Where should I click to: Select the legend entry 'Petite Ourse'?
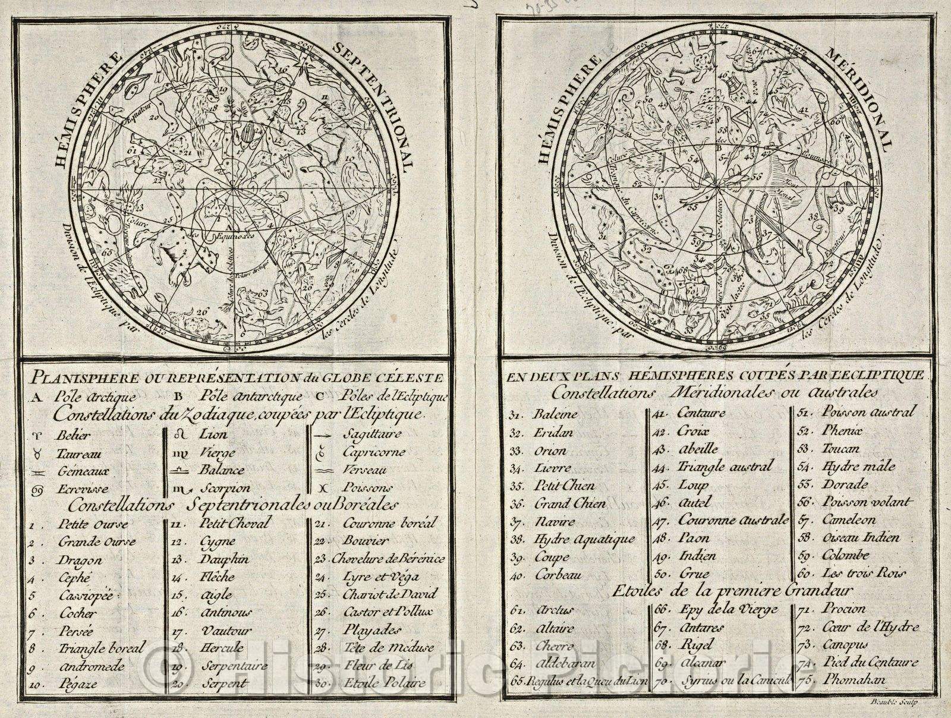tap(92, 524)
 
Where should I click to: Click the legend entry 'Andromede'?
tap(92, 666)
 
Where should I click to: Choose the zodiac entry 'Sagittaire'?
tap(373, 434)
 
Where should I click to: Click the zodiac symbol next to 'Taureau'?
tap(37, 454)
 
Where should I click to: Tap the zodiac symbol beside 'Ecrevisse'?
tap(37, 490)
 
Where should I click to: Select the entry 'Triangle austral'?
tap(725, 467)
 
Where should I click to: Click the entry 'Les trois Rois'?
tap(863, 574)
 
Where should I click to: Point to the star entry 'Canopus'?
tap(845, 645)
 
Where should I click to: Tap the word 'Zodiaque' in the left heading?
tap(191, 415)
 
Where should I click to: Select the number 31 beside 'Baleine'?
tap(515, 415)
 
